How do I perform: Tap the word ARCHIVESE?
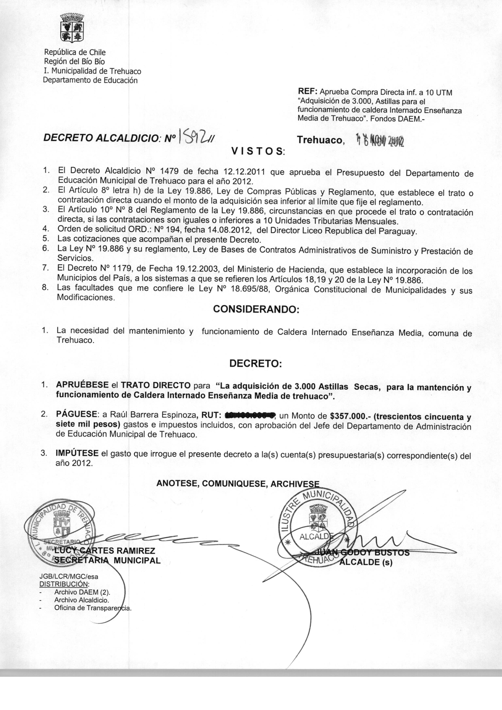coord(295,484)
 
